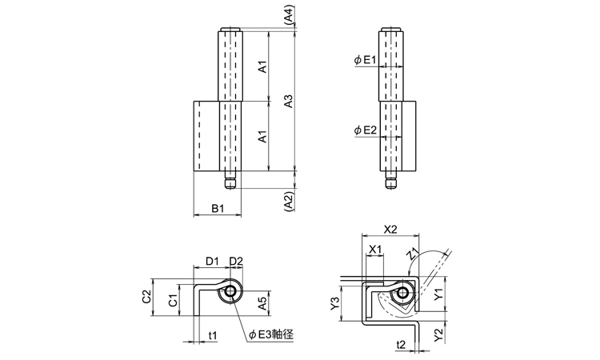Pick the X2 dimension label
tap(390, 229)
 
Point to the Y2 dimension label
tap(438, 333)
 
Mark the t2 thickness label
tap(403, 345)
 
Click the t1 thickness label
tap(214, 334)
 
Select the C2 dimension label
tap(146, 297)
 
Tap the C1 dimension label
tap(172, 301)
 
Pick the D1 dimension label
tap(212, 260)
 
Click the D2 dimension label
tap(236, 260)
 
